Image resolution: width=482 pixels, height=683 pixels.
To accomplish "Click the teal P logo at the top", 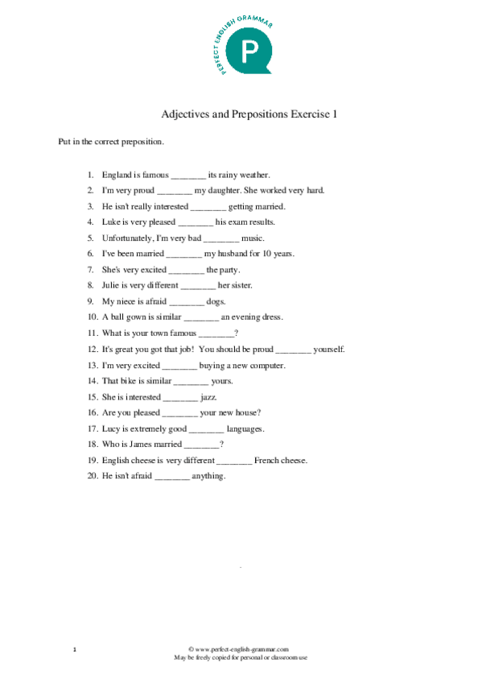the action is (x=242, y=52).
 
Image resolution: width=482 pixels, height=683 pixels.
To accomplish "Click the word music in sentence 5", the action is (x=253, y=238).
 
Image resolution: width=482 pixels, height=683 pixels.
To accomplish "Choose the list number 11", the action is (x=93, y=333).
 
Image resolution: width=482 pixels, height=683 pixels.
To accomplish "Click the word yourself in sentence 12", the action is (x=329, y=350).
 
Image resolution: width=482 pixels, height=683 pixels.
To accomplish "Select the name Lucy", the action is (x=111, y=429).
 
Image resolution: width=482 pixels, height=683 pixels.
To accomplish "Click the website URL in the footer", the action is (x=241, y=648).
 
